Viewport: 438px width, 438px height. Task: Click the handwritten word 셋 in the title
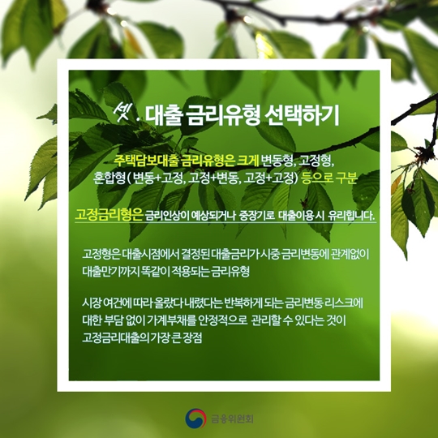point(122,114)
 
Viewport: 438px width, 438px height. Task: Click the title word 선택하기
point(302,116)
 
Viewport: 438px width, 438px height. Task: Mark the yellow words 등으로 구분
point(329,178)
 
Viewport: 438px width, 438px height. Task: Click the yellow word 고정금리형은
point(109,215)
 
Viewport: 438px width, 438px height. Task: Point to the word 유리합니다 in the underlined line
point(351,216)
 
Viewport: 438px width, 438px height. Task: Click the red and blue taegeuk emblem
point(195,419)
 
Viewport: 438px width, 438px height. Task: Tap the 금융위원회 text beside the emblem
point(232,419)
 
